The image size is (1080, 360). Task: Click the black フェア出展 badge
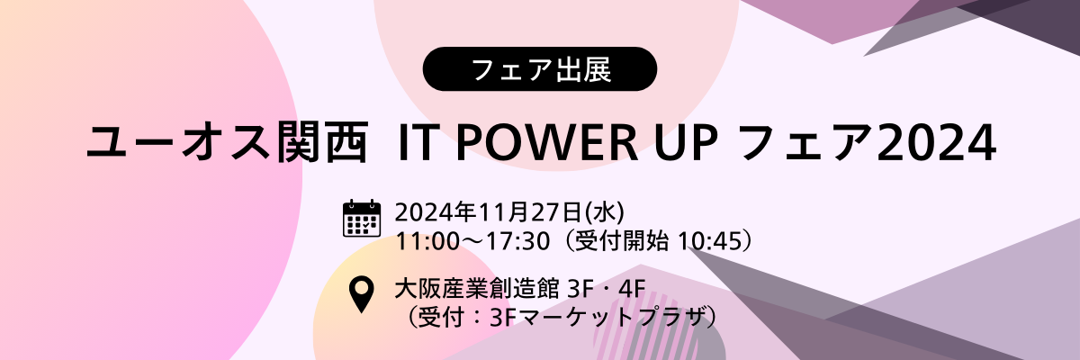[539, 69]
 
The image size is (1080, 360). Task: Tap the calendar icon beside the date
[362, 219]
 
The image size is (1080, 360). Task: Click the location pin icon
[362, 294]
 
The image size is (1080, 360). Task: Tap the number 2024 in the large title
[936, 143]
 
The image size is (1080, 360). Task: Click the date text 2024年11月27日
[489, 213]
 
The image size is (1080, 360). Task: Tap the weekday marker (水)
[605, 213]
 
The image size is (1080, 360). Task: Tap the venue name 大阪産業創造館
[476, 289]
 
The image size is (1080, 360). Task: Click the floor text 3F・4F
[607, 289]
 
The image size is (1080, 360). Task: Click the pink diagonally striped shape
[632, 328]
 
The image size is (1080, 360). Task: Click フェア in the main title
[806, 143]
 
